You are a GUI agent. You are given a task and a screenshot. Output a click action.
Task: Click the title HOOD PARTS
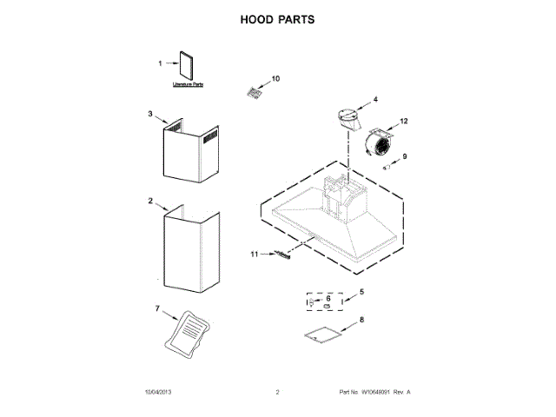click(278, 18)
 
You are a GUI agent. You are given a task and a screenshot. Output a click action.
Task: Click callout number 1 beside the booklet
click(160, 63)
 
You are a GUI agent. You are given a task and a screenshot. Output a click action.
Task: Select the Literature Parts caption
click(188, 85)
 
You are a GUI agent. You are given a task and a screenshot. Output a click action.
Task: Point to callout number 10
click(275, 78)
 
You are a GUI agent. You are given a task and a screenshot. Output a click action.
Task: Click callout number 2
click(149, 201)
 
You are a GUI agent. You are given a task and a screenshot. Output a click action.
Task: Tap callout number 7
click(157, 309)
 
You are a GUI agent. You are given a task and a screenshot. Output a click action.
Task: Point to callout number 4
click(374, 99)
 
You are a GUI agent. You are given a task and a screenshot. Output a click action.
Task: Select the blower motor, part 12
click(379, 144)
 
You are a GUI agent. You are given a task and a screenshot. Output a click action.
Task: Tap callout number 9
click(403, 156)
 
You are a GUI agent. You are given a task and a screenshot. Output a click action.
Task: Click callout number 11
click(255, 255)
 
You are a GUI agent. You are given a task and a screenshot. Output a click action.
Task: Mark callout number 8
click(361, 320)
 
